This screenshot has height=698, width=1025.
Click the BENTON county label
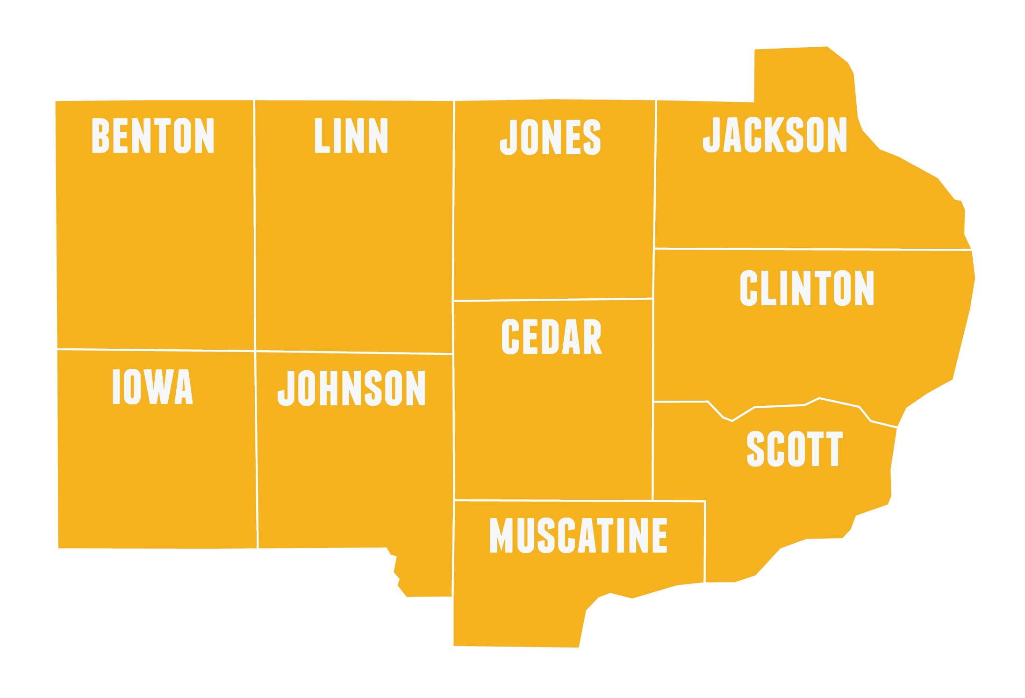tap(153, 136)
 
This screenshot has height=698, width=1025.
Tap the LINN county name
tap(351, 136)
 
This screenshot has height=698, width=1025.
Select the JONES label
tap(551, 137)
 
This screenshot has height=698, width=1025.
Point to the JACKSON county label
tap(775, 135)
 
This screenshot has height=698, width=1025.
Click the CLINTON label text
tap(807, 288)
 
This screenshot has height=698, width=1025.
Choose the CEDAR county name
tap(552, 337)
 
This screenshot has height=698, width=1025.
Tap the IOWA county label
tap(152, 387)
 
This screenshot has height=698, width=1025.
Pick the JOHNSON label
tap(351, 388)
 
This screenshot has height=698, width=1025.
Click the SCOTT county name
tap(795, 449)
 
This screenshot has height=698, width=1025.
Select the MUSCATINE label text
tap(578, 536)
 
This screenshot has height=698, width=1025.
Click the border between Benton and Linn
tap(255, 224)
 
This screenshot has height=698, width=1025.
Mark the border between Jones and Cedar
tap(553, 299)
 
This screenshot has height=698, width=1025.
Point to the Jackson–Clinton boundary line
tap(813, 249)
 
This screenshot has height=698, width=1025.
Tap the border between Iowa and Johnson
tap(257, 449)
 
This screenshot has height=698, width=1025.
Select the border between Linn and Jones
tap(453, 201)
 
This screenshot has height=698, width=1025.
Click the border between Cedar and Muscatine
tap(553, 500)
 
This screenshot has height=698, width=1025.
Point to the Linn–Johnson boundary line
tap(354, 353)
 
